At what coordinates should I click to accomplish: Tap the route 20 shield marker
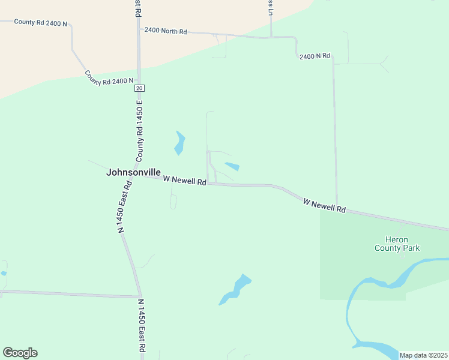[139, 88]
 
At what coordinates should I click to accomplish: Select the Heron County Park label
[397, 244]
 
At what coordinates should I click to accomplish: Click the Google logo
[20, 353]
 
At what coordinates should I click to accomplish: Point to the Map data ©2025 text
[423, 355]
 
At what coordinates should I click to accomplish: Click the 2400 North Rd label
[166, 31]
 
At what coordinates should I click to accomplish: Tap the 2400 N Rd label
[315, 56]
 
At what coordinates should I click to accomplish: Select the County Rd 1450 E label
[140, 134]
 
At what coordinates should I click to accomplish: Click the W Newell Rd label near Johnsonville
[185, 179]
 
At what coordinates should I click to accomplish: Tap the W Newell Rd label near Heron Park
[325, 205]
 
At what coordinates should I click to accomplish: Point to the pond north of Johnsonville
[179, 143]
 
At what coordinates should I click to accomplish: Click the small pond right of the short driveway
[233, 166]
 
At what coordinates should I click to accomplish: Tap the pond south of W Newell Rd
[236, 289]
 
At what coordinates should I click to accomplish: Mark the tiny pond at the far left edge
[3, 273]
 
